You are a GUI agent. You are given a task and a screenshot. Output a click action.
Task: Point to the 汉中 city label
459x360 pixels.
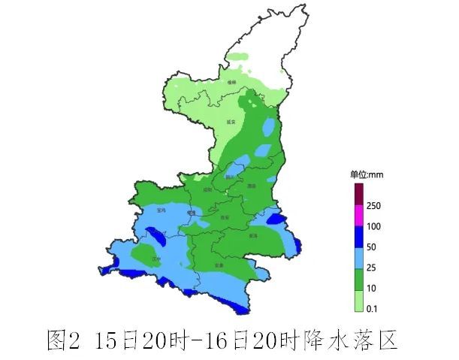157,258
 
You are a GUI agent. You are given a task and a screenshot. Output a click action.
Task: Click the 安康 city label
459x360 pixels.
219,265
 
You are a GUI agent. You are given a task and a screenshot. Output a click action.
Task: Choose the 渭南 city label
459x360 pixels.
251,186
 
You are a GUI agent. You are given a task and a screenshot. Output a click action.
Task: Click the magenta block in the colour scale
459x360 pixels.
358,216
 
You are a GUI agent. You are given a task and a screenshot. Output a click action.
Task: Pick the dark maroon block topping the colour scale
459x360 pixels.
358,195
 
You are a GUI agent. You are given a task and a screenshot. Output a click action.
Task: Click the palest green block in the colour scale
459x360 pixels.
358,299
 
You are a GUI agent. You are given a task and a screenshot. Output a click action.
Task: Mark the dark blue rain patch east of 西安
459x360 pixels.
276,220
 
